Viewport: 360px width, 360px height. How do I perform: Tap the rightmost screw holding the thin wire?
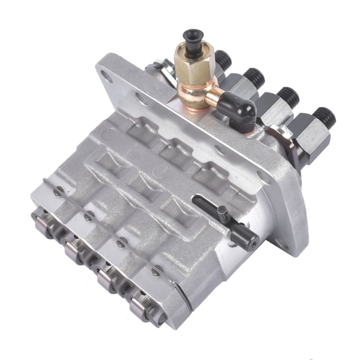coord(156,270)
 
